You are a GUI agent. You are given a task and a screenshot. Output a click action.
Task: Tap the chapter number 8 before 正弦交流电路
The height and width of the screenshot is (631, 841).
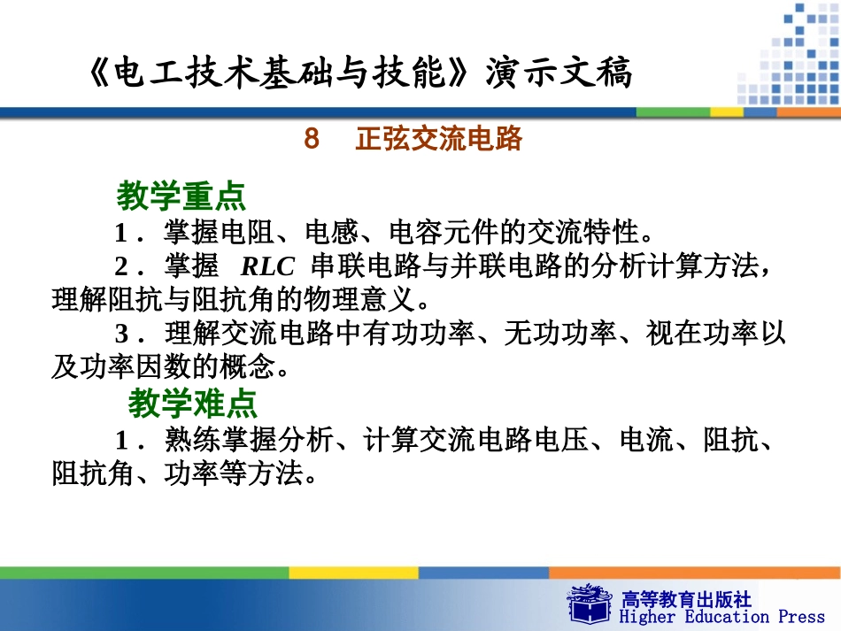pyautogui.click(x=311, y=139)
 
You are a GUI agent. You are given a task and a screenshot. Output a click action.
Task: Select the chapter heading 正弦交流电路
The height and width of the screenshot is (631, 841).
pyautogui.click(x=439, y=139)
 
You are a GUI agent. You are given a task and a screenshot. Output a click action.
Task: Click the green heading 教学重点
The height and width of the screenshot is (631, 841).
pyautogui.click(x=181, y=196)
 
